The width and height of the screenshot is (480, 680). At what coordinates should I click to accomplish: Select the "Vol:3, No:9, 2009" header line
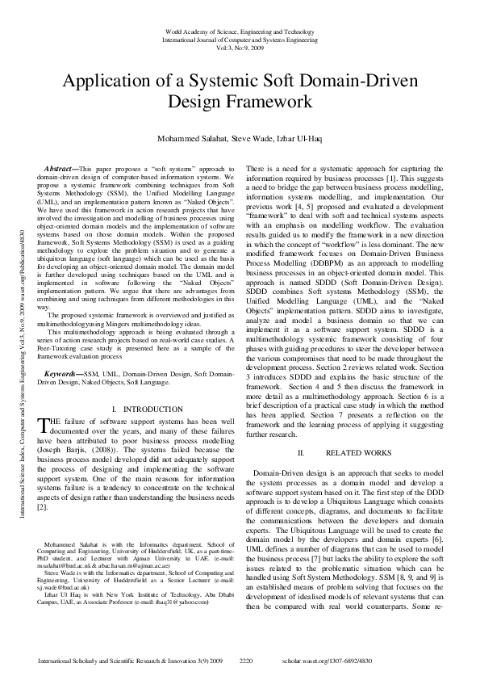click(x=239, y=48)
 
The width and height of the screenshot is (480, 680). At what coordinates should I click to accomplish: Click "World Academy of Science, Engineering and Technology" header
click(x=239, y=30)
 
